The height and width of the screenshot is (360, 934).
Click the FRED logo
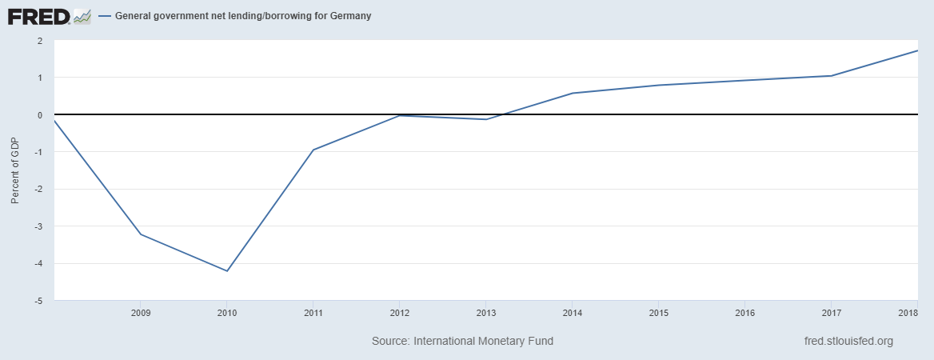tap(49, 16)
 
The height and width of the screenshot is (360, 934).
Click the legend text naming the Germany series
tap(243, 16)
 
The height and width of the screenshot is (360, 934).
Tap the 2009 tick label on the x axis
tap(140, 312)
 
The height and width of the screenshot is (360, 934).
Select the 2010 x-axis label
tap(226, 312)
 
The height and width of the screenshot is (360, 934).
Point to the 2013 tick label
tap(485, 312)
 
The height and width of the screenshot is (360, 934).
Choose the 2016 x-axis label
tap(744, 312)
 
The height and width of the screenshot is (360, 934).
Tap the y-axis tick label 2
tap(39, 41)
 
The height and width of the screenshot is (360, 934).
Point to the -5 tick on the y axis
tap(38, 301)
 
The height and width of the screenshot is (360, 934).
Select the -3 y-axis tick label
tap(38, 226)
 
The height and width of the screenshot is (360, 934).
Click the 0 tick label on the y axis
tap(39, 115)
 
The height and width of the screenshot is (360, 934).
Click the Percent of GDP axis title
tap(15, 170)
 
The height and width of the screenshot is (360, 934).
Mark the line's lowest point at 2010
tap(226, 271)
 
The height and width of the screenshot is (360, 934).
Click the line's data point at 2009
tap(140, 234)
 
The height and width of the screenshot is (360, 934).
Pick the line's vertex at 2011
tap(313, 150)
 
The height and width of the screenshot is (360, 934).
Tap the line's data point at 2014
tap(572, 93)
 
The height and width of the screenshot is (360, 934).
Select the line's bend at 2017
tap(831, 76)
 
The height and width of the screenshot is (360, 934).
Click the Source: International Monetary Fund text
tap(462, 342)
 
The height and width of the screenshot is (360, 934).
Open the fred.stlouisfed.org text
tap(848, 342)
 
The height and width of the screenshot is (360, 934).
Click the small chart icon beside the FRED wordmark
tap(82, 17)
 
